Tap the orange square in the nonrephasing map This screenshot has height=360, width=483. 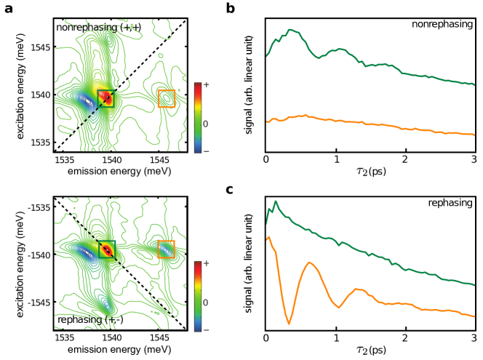pyautogui.click(x=167, y=98)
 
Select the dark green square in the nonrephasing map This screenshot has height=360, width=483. pyautogui.click(x=107, y=97)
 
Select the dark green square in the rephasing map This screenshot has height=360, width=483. pyautogui.click(x=107, y=249)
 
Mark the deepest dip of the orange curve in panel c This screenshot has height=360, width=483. pyautogui.click(x=290, y=323)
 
